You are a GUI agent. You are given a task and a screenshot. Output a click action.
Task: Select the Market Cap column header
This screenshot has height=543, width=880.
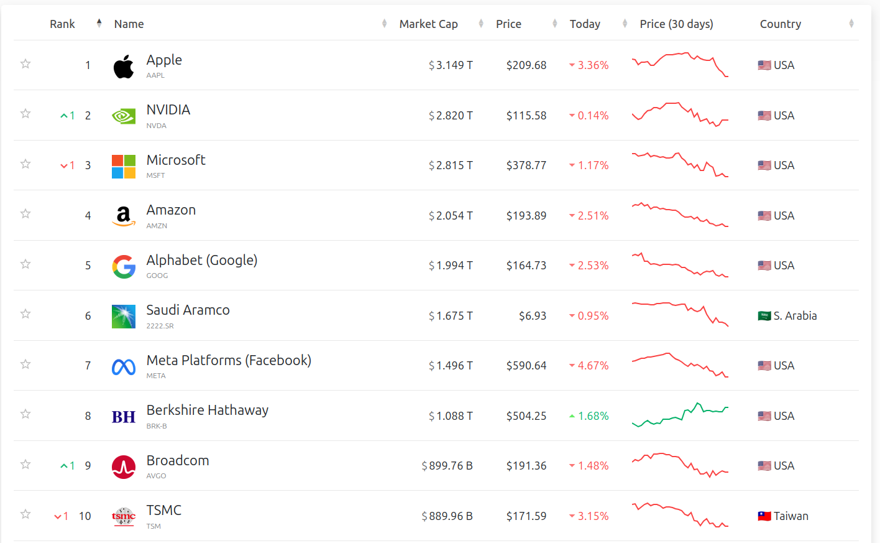tap(428, 24)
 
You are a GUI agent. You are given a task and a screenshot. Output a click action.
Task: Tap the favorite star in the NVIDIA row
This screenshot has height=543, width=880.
tap(25, 114)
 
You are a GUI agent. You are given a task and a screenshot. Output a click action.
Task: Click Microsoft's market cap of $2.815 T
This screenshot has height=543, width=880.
tap(451, 165)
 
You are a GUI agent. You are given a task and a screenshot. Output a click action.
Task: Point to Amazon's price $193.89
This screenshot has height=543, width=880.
tap(526, 216)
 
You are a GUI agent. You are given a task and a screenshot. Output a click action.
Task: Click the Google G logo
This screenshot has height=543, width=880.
tap(124, 267)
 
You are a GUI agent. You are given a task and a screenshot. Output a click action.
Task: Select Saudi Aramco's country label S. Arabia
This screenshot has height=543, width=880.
tap(795, 316)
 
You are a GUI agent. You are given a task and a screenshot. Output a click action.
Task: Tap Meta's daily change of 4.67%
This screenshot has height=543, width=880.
tap(592, 366)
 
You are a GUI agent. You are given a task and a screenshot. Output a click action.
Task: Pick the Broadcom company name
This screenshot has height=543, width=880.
tap(178, 460)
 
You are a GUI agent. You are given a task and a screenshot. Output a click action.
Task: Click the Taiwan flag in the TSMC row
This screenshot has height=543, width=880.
tap(764, 516)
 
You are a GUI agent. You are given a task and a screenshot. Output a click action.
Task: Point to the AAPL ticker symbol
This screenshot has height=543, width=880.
tap(155, 75)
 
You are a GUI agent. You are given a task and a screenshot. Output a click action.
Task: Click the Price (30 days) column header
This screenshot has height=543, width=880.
tap(676, 24)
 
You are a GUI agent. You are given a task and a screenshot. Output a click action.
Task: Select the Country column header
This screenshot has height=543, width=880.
tap(780, 24)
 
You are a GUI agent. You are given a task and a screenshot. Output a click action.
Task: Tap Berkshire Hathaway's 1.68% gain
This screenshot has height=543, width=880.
tap(592, 416)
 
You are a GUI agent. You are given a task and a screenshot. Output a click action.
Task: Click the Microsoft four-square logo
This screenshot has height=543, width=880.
tap(124, 167)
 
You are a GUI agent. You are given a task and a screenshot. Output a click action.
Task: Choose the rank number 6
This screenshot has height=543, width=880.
tap(88, 316)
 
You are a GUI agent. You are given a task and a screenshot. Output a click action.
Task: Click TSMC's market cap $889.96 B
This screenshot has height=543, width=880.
tap(447, 516)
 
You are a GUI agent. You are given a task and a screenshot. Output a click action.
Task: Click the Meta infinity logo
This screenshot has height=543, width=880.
tap(124, 367)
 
